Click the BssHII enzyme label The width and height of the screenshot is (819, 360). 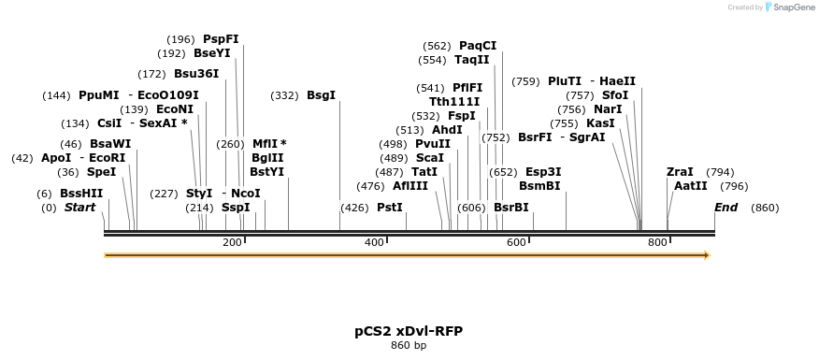(x=81, y=193)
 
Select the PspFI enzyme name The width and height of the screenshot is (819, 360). (x=221, y=39)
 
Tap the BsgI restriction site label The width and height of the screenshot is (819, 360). (x=321, y=95)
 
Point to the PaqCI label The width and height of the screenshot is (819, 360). (x=478, y=45)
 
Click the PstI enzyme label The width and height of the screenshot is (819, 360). (x=390, y=208)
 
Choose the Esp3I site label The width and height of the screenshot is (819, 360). (x=543, y=172)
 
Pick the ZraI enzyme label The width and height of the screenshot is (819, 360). (x=680, y=172)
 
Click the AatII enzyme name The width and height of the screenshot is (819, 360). (x=691, y=186)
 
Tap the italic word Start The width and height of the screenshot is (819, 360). (x=79, y=208)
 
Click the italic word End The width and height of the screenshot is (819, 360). (x=726, y=208)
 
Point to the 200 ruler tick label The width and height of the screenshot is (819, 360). (x=232, y=242)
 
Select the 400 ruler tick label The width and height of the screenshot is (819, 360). (x=374, y=242)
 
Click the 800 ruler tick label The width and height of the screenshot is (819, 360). (x=657, y=242)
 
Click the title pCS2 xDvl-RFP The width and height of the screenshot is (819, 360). (x=409, y=331)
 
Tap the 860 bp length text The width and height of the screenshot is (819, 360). (x=409, y=346)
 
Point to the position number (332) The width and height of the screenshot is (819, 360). (x=284, y=95)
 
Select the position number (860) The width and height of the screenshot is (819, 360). (x=765, y=208)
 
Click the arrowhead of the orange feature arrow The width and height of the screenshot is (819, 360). (x=706, y=254)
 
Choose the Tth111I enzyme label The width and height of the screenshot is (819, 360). (x=454, y=102)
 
